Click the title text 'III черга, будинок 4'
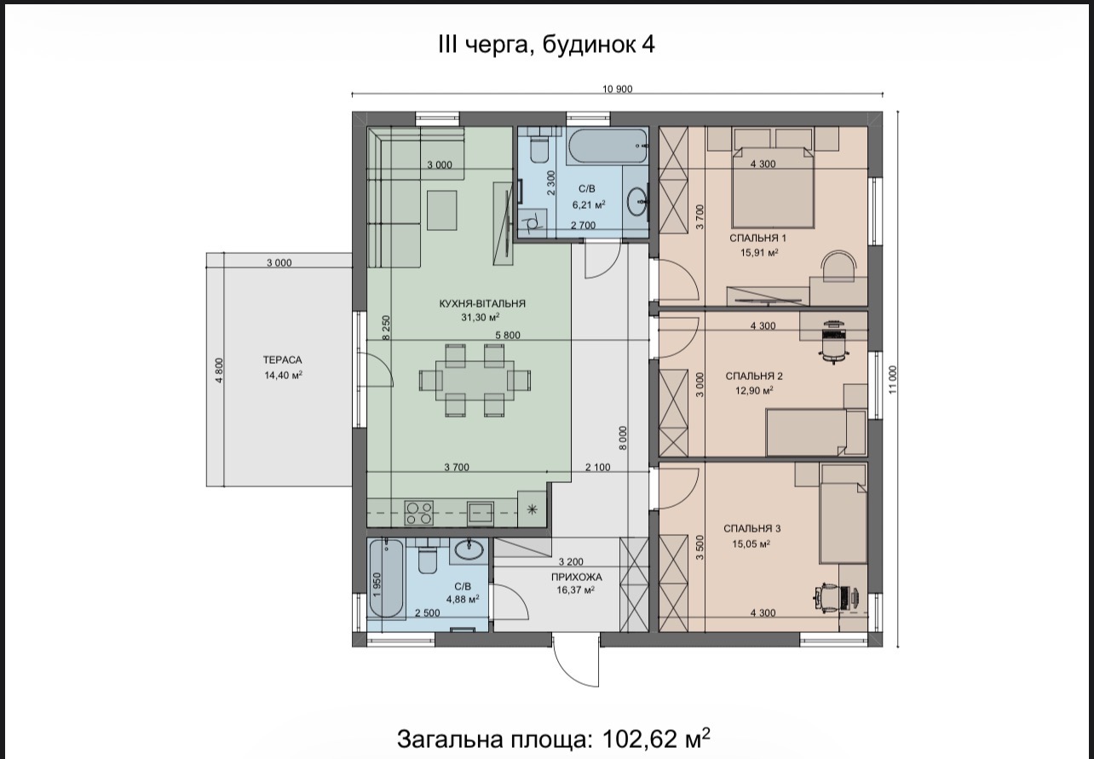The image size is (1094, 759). tap(546, 45)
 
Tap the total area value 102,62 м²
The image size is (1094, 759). tap(656, 739)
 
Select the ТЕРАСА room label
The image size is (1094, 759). tap(282, 360)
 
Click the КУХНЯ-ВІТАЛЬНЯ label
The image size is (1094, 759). tap(482, 303)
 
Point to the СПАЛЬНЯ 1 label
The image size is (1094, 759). tap(758, 239)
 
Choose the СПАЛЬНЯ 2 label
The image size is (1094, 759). tap(754, 376)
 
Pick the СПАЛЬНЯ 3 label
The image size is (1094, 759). tap(752, 528)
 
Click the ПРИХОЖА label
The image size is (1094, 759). tap(576, 577)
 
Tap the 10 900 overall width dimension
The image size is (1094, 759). tap(618, 89)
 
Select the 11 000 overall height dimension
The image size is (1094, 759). tap(893, 380)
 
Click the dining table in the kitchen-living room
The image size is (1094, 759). tap(475, 380)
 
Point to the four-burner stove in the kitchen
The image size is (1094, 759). tap(418, 513)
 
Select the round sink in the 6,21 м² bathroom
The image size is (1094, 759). tap(636, 201)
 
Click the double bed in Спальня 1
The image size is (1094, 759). tap(773, 187)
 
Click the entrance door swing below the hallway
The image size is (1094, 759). tap(576, 659)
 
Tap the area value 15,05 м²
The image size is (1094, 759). tap(751, 543)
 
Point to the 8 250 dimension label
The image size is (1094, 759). tap(386, 328)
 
